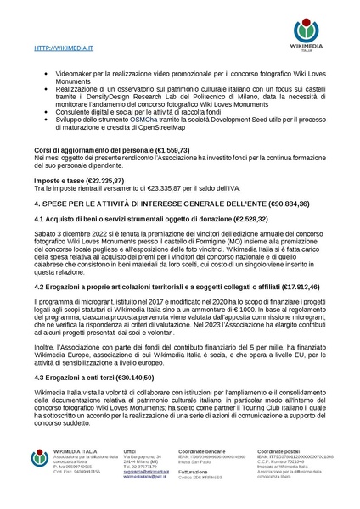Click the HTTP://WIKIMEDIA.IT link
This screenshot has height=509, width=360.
point(59,51)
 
